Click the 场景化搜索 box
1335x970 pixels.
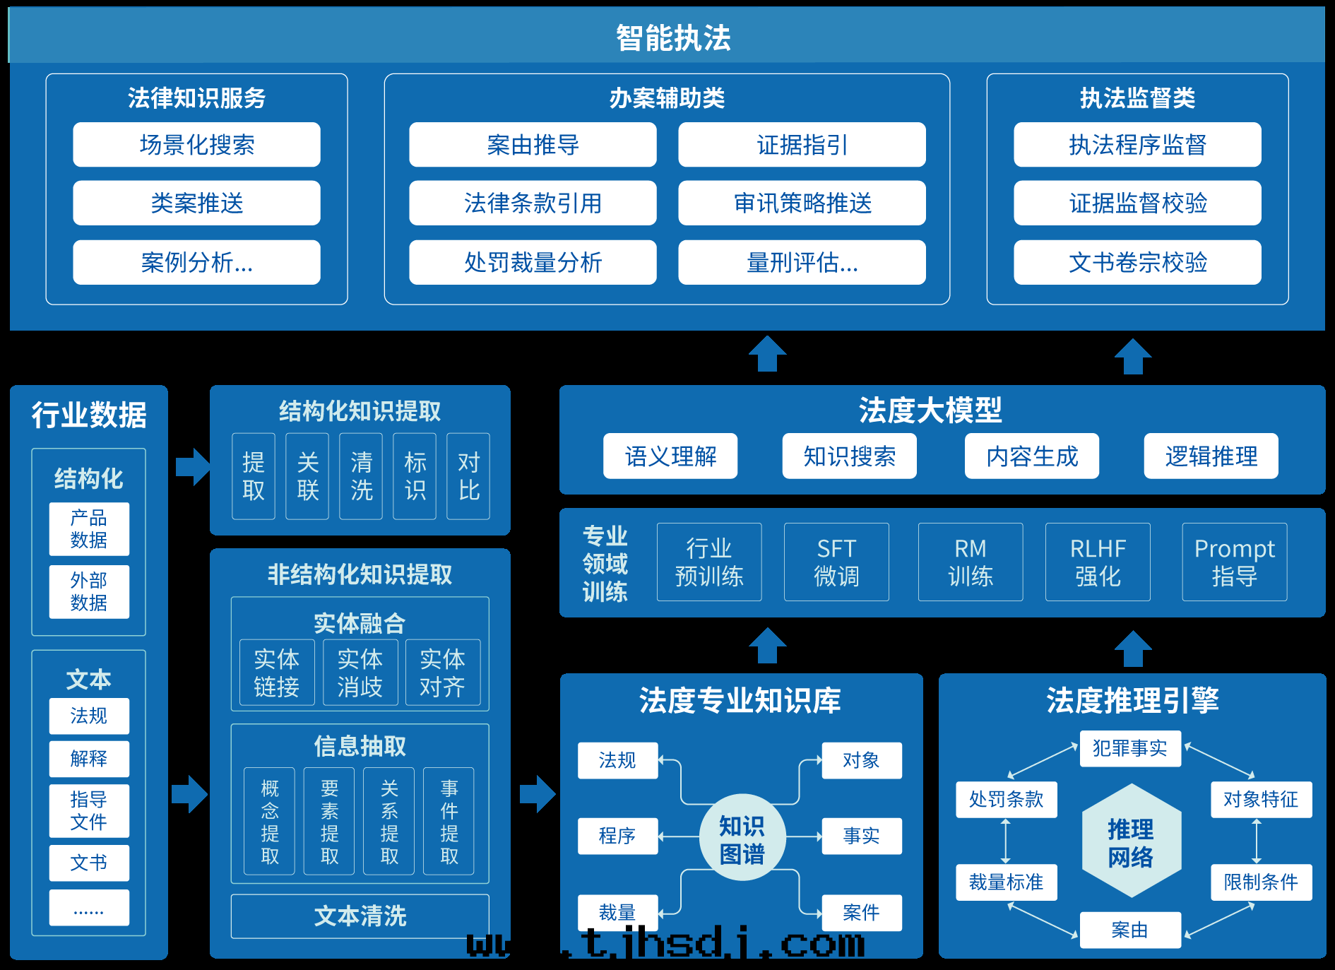pos(196,145)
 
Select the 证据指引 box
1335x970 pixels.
pos(802,145)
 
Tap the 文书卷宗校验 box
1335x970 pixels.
pos(1137,262)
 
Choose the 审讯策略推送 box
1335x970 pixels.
pos(802,203)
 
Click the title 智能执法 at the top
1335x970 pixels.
pos(672,37)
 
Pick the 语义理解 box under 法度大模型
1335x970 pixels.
pos(670,456)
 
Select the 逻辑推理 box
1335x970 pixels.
pos(1211,456)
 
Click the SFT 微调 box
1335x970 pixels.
pos(836,562)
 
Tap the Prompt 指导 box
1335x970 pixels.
pos(1234,562)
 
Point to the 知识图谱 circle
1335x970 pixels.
pos(742,838)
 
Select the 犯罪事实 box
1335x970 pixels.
pos(1129,748)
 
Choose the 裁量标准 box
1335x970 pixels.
pos(1006,882)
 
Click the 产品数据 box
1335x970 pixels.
pos(89,528)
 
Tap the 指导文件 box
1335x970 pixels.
pos(89,810)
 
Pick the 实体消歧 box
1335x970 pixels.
pos(360,673)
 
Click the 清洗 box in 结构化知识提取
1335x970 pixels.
pos(361,476)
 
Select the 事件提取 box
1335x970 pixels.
pos(449,821)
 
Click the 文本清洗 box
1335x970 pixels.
pos(360,916)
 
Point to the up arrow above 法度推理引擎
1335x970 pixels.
pos(1133,648)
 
